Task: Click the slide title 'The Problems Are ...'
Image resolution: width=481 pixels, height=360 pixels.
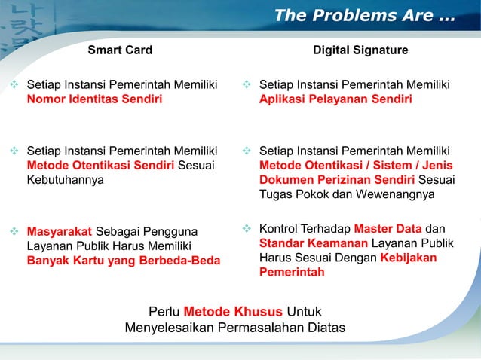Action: [x=364, y=15]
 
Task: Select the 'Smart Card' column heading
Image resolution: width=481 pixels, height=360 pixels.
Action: [x=120, y=50]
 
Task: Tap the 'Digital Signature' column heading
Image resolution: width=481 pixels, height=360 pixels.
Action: [x=360, y=50]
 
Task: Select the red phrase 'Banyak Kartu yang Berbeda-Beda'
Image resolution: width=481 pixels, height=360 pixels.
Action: [x=124, y=261]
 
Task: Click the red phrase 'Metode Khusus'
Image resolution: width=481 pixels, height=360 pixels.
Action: [x=233, y=311]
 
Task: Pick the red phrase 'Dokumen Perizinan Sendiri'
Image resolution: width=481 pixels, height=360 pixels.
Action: [x=336, y=180]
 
